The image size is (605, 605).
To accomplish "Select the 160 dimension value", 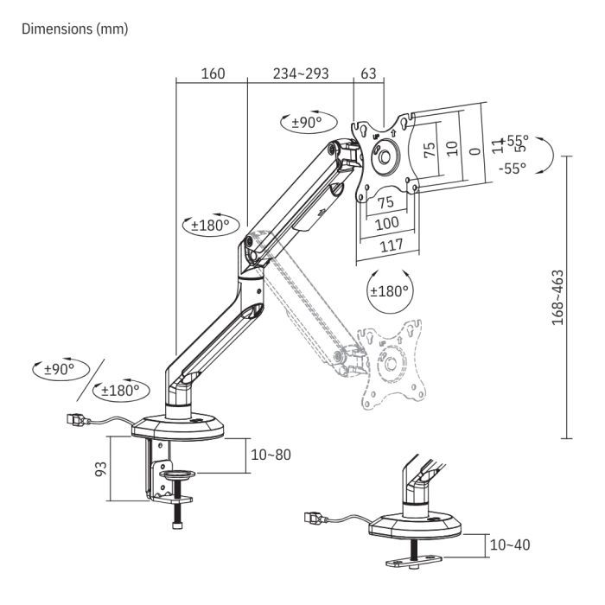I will point(212,73).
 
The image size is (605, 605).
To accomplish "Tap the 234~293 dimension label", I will point(301,73).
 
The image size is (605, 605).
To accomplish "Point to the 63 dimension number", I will point(368,73).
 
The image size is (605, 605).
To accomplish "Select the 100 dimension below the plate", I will point(386,223).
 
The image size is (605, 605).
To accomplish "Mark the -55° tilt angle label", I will point(512,169).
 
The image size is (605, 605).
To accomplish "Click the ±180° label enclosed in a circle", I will point(389,290).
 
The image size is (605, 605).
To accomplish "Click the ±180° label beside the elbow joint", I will point(209,225).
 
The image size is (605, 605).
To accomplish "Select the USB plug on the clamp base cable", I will point(77,422).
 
